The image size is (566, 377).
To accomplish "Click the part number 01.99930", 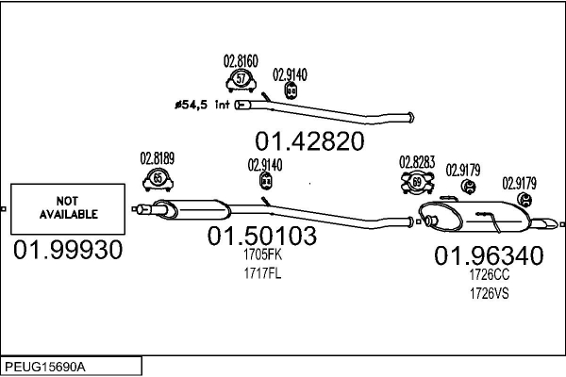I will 68,252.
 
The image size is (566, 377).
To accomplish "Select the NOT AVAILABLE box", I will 69,208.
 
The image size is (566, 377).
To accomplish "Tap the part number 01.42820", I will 309,140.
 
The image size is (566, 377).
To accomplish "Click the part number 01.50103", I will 262,237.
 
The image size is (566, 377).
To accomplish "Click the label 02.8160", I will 241,61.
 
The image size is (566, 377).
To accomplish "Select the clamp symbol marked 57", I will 241,78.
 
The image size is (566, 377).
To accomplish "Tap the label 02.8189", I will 158,158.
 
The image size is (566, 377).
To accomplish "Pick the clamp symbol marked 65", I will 158,177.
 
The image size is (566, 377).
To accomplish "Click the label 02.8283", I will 416,161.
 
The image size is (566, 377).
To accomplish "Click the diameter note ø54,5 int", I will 202,104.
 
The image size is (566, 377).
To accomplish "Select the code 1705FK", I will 262,254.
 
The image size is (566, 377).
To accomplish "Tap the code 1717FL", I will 262,273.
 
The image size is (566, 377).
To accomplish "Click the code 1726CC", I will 489,274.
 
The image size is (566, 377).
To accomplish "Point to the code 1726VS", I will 489,292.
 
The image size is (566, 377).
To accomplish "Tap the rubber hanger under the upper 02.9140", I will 290,90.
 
